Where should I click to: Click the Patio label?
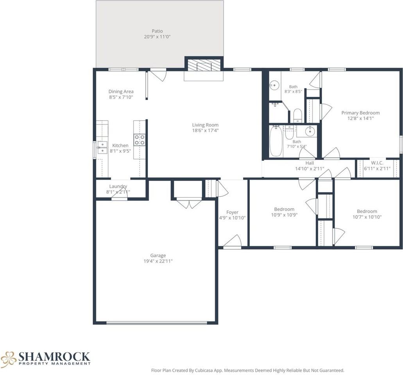[157, 31]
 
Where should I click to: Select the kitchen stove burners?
[139, 140]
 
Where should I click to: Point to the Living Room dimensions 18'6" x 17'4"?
[205, 130]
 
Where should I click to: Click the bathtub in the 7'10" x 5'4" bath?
[276, 141]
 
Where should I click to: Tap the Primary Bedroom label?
[360, 113]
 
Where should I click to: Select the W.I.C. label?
[377, 163]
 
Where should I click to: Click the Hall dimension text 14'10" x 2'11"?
[310, 169]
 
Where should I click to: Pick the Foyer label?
[232, 212]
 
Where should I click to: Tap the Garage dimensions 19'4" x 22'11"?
[158, 261]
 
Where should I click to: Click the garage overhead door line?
[157, 323]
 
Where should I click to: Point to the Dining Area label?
[121, 91]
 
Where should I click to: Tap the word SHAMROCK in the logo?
[54, 357]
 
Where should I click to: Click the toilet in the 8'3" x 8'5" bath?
[297, 116]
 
